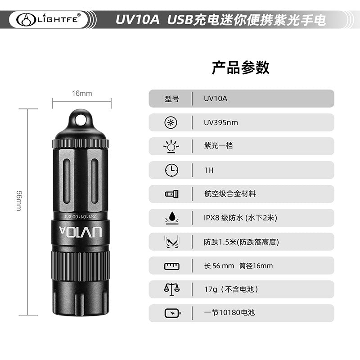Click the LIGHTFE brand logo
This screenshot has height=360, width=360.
click(49, 19)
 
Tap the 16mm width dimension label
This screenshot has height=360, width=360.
click(82, 94)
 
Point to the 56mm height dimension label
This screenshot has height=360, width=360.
click(19, 200)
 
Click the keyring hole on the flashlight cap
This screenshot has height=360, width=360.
click(81, 120)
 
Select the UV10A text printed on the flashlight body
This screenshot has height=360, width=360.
click(81, 232)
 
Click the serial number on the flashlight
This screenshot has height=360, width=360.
click(81, 216)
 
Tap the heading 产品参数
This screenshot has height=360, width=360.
click(240, 67)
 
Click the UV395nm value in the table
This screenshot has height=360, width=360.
click(221, 122)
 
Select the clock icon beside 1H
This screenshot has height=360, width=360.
click(171, 170)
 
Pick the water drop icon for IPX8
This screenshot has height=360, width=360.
click(172, 218)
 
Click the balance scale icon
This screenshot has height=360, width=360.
click(171, 289)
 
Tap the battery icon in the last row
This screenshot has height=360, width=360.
click(172, 313)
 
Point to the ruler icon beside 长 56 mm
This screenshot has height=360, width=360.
click(172, 266)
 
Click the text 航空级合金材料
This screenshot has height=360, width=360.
click(230, 194)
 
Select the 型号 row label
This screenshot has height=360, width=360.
click(172, 99)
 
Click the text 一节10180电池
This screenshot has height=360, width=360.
click(229, 312)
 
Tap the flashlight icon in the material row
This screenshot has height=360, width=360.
click(172, 194)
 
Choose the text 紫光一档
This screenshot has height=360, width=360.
click(218, 145)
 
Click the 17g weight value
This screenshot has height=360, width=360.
click(211, 289)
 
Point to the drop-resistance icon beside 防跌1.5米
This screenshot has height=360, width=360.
click(172, 242)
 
